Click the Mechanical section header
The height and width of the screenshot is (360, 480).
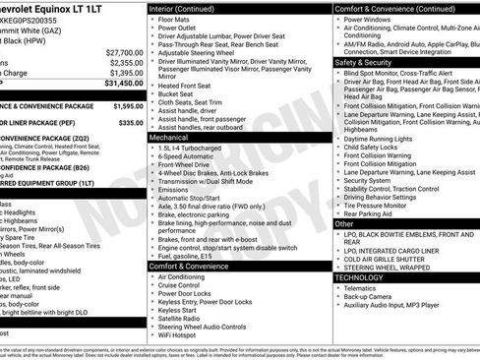click(169, 139)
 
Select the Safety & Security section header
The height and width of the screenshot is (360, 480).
click(363, 61)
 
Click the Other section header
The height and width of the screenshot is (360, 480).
click(344, 223)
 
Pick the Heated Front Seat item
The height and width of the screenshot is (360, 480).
click(187, 87)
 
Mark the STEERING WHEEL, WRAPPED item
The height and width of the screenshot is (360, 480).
click(390, 265)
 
